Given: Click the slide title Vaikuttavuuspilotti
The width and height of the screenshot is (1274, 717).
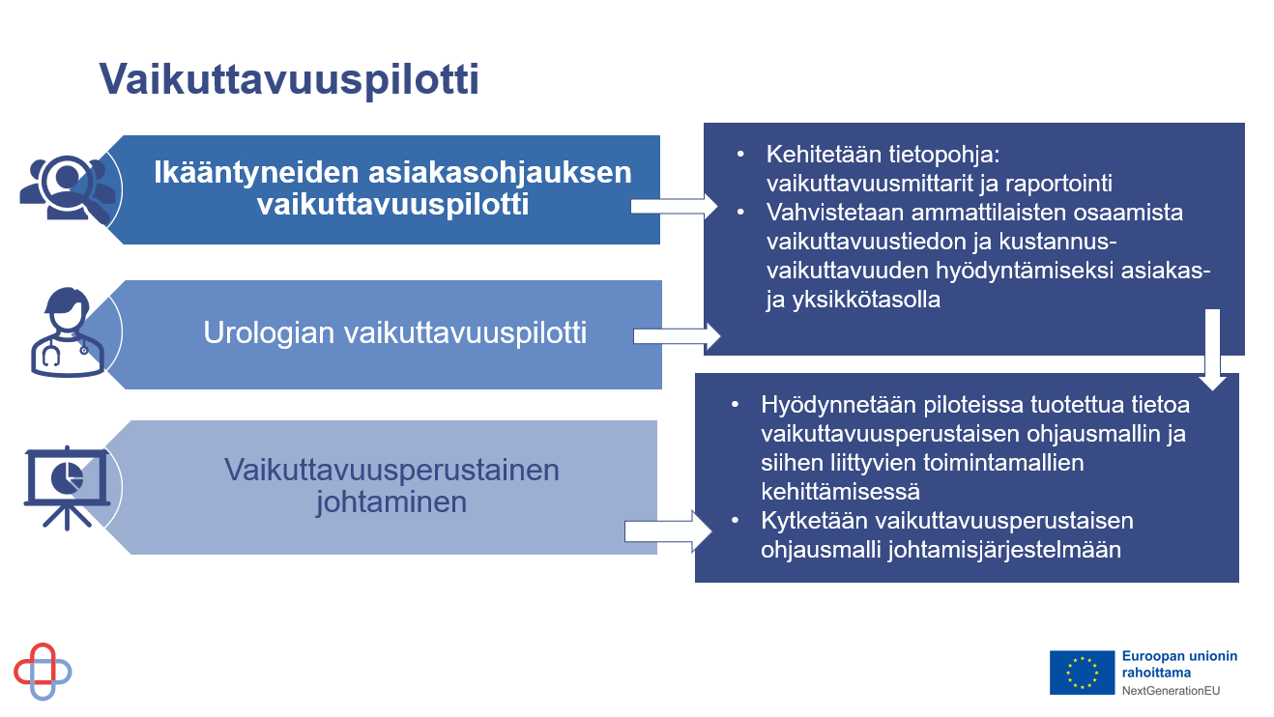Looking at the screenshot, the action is click(x=289, y=79).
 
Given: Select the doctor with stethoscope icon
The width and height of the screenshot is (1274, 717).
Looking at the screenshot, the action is click(x=67, y=332).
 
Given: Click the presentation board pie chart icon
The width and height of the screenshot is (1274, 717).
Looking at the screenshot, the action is click(x=67, y=488).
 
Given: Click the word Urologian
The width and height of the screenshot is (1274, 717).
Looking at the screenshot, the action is click(x=269, y=332).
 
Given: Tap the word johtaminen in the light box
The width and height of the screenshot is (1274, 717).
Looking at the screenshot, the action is click(x=391, y=502).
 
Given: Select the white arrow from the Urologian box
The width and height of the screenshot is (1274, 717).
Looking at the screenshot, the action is click(x=677, y=336).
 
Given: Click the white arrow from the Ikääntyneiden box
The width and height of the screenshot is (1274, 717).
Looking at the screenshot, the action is click(x=675, y=207).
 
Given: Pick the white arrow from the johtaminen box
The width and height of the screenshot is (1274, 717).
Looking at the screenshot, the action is click(x=668, y=531).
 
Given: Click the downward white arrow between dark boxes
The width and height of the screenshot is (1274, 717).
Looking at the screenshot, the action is click(x=1212, y=350).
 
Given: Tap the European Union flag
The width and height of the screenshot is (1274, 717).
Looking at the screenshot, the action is click(x=1082, y=673).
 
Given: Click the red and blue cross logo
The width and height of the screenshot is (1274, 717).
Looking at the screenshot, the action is click(x=43, y=672).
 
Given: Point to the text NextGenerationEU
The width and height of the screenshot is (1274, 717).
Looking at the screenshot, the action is click(x=1171, y=691).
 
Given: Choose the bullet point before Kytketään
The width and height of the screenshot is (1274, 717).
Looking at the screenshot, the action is click(x=736, y=520).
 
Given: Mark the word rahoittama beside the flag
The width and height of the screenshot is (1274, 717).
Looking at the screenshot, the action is click(x=1156, y=673).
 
